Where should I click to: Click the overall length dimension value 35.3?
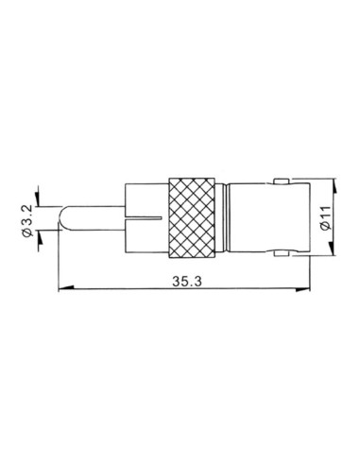(184, 281)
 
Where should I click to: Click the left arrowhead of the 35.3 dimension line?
(62, 290)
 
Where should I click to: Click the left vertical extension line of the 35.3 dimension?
(59, 265)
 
